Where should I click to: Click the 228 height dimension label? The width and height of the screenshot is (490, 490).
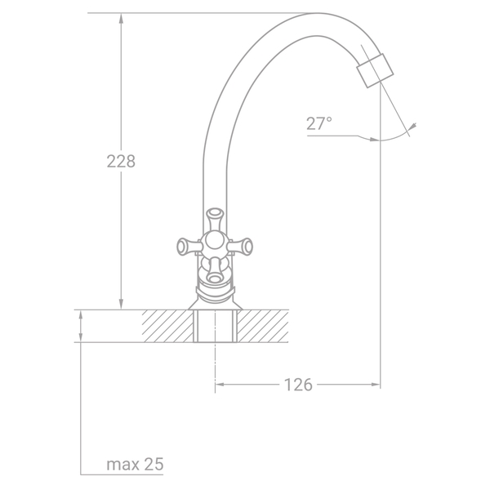121,162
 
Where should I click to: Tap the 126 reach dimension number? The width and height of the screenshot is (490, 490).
298,385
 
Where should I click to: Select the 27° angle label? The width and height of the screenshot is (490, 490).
319,123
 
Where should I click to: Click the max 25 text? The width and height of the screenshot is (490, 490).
135,464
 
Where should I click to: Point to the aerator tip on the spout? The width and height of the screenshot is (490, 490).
375,70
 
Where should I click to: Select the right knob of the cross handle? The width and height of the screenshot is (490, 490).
242,247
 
